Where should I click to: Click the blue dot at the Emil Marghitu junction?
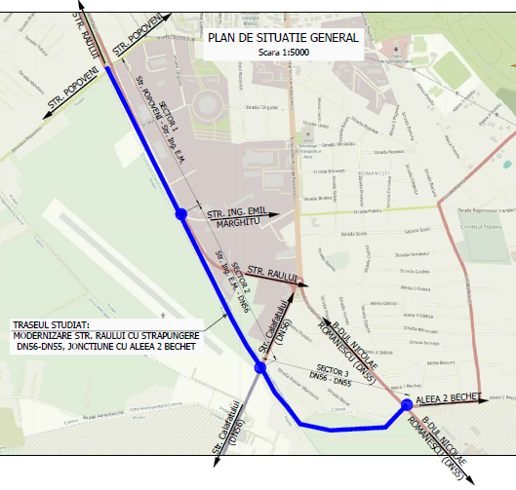tap(179, 214)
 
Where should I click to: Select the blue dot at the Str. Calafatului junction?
tap(259, 367)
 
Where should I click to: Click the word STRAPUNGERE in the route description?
tap(168, 335)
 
